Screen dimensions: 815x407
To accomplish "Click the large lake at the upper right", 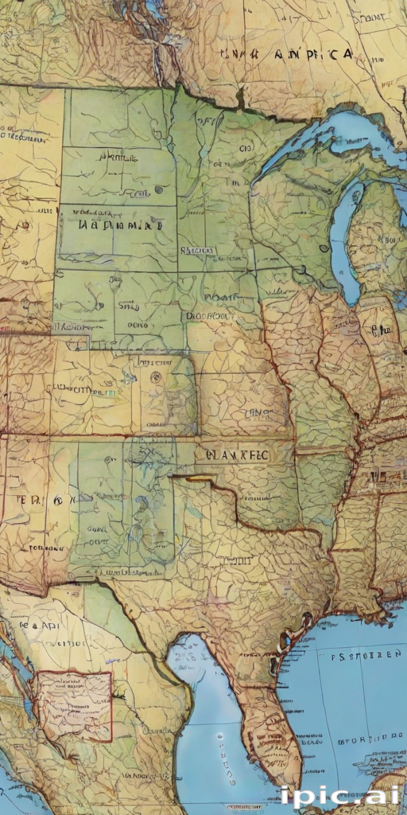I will pyautogui.click(x=350, y=131).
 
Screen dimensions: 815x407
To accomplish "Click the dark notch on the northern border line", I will pyautogui.click(x=239, y=100).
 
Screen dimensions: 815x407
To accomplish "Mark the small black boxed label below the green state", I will pyautogui.click(x=197, y=250).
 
